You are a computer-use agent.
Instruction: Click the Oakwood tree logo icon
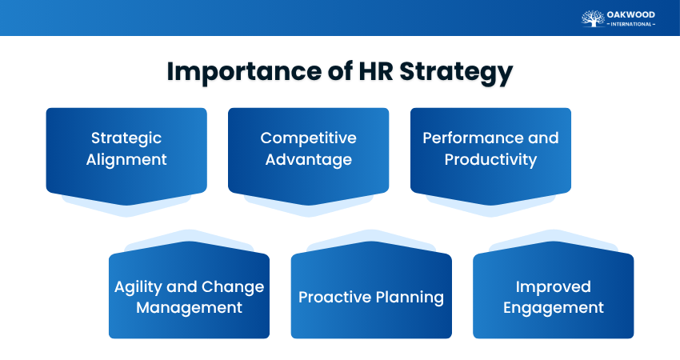point(593,18)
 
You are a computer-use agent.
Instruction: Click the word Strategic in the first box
point(126,138)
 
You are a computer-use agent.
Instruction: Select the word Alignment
point(126,159)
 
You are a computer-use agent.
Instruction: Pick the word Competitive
point(309,138)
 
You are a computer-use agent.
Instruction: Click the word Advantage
point(309,160)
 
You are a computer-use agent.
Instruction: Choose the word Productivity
point(490,159)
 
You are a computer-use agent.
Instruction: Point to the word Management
point(190,307)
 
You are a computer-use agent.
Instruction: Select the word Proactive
point(334,298)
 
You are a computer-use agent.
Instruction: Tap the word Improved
point(554,286)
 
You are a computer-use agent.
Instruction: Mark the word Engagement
point(554,308)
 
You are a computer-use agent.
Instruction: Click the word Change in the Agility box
point(234,286)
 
